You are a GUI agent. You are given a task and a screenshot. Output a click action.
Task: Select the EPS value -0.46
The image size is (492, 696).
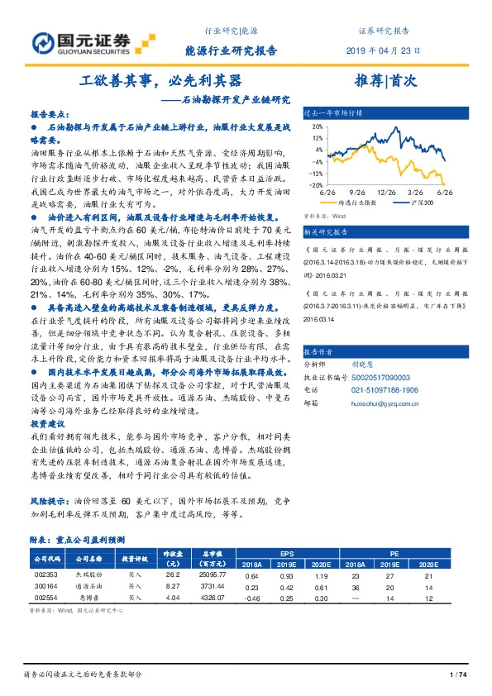[x=253, y=598]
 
